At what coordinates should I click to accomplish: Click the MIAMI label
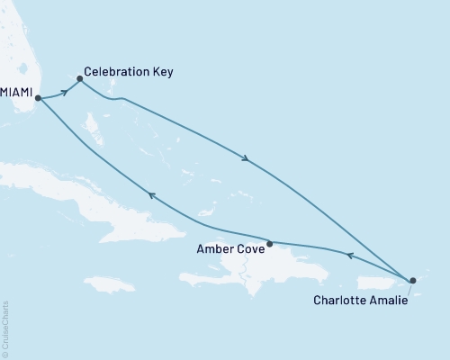coord(16,93)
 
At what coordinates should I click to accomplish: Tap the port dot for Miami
coord(38,99)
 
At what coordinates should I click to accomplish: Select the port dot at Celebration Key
coord(80,78)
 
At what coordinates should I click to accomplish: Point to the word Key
coord(163,72)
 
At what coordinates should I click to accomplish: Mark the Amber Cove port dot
coord(270,243)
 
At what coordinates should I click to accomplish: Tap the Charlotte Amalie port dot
coord(413,281)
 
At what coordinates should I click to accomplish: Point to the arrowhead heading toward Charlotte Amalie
coord(246,160)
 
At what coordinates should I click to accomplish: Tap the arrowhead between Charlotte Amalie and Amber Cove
coord(350,256)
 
